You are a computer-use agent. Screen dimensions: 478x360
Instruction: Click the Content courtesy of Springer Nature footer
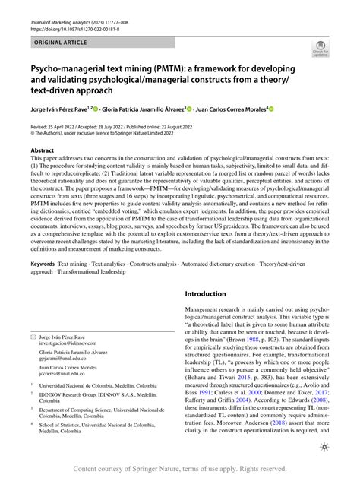coord(180,469)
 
